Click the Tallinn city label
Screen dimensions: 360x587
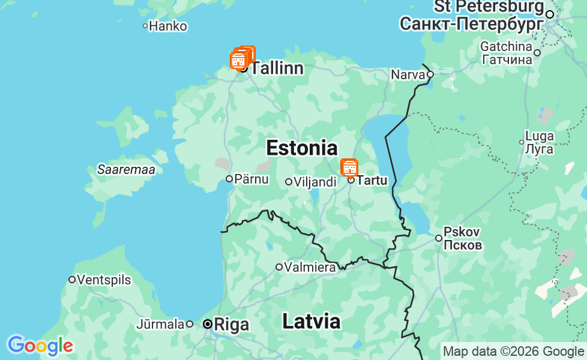(277, 68)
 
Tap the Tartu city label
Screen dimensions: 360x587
(372, 180)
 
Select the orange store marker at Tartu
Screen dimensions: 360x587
(349, 167)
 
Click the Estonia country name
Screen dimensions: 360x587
(301, 148)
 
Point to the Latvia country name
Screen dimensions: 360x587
(311, 321)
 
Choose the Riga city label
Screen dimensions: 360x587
(231, 325)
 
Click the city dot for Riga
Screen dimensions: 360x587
(208, 324)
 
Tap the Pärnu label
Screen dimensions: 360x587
(251, 179)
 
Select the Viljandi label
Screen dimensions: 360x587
(315, 182)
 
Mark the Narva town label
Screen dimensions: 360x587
(408, 75)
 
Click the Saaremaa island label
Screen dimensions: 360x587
(126, 170)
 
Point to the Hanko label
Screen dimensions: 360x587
(168, 26)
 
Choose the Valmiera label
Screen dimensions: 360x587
(310, 267)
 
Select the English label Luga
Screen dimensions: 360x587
(539, 136)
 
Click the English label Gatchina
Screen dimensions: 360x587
(506, 46)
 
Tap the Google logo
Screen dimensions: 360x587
(40, 346)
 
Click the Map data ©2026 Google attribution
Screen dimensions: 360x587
(513, 351)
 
